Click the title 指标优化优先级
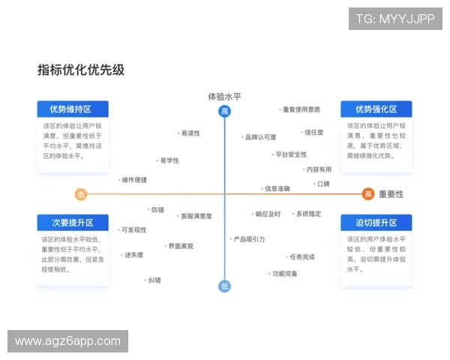coord(81,70)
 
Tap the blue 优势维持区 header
coord(73,109)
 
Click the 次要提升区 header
coord(73,223)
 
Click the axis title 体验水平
coord(224,96)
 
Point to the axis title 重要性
coord(391,194)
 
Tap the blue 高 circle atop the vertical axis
coord(224,112)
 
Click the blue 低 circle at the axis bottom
coord(224,286)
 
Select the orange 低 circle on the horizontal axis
coord(81,194)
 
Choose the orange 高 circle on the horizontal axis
coord(368,194)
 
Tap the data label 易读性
coord(190,133)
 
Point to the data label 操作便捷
coord(133,180)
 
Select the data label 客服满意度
coord(196,216)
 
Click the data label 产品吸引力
coord(248,239)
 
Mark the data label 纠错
coord(154,280)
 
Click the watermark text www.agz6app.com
coord(68,341)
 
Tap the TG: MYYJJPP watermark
coord(395,19)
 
